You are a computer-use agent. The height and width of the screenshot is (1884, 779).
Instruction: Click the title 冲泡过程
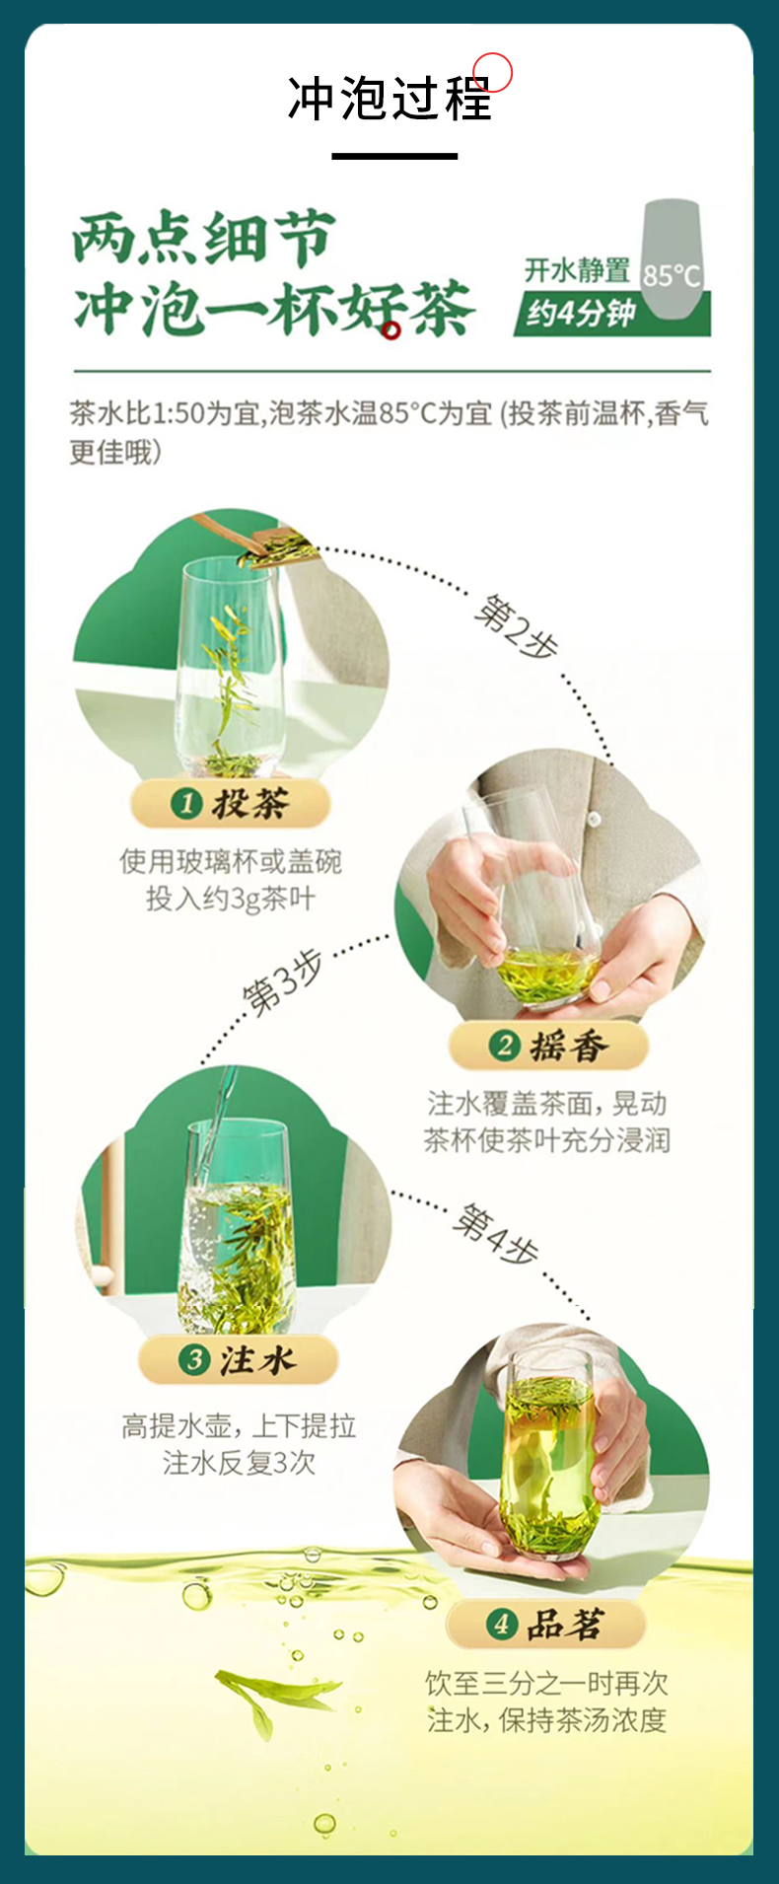389,99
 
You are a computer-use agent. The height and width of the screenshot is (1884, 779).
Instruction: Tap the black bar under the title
394,156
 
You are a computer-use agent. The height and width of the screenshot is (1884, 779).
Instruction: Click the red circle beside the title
493,72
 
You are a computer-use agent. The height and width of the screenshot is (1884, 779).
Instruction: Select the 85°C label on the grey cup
672,275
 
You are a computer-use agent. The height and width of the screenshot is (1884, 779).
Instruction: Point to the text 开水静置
577,269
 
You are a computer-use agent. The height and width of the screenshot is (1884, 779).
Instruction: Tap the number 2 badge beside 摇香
505,1046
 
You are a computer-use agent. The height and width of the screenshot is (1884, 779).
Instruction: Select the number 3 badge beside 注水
193,1360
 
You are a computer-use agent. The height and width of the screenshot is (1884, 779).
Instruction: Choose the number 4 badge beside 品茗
501,1624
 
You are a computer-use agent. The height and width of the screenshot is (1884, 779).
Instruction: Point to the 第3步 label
284,982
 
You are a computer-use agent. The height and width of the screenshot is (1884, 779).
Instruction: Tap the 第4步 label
495,1234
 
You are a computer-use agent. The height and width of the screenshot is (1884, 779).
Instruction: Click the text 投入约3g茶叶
231,899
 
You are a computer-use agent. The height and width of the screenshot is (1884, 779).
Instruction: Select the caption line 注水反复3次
239,1462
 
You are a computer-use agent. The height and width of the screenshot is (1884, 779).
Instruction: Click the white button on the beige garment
595,818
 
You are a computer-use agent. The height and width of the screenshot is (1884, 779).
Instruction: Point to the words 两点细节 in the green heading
204,240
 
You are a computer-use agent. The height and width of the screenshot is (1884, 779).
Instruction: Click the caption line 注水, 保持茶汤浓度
547,1720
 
